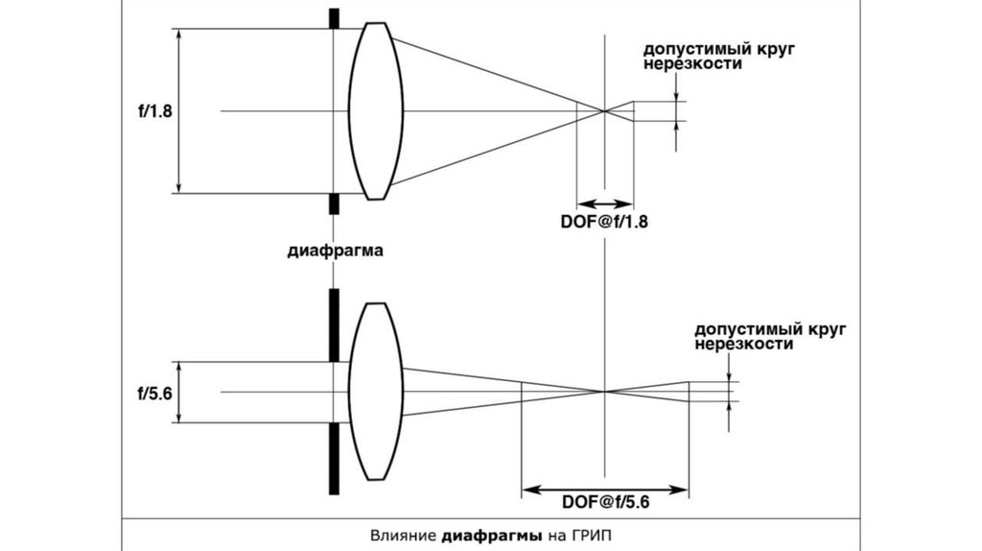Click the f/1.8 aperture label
(154, 111)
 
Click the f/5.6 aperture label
(154, 393)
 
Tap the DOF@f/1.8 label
(604, 222)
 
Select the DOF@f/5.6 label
(606, 502)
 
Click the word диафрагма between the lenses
(335, 251)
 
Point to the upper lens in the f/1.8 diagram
(376, 111)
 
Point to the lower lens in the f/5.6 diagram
(376, 392)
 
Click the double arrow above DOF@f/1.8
(605, 204)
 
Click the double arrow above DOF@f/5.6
(605, 490)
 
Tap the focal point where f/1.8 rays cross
(605, 111)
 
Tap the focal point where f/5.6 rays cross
(605, 393)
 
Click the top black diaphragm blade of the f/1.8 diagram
(335, 18)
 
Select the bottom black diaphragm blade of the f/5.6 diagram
(335, 459)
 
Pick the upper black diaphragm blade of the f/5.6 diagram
(335, 325)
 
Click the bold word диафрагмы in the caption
(492, 537)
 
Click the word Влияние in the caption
(404, 536)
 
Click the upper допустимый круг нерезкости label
(719, 57)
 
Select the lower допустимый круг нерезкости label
(770, 337)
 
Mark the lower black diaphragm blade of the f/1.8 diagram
(335, 204)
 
